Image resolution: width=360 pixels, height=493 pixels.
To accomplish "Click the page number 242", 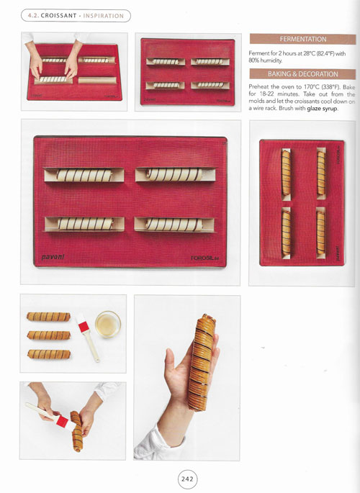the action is point(187,479).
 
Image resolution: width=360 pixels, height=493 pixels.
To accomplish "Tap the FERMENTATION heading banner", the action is point(303,40).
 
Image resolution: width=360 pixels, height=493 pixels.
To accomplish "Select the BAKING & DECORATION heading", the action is point(303,74).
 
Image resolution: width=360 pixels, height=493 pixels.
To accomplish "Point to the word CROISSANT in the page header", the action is point(59,16).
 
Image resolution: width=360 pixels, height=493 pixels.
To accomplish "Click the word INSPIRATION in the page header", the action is point(104,16).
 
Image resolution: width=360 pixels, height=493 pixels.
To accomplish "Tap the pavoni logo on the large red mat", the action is point(53,257).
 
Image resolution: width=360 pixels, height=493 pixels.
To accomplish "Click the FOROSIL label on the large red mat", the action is point(204,258).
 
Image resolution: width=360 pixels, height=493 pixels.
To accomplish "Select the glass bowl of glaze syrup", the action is point(108,324).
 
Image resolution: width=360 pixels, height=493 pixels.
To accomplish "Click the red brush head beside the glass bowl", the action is point(83,326).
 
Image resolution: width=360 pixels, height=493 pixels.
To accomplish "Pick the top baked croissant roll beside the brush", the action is point(48,317).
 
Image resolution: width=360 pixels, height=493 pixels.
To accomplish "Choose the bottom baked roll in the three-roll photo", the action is point(49,354).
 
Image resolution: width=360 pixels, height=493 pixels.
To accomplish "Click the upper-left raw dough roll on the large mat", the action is point(84,175).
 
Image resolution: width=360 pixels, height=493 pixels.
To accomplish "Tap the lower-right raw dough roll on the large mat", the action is point(174,225).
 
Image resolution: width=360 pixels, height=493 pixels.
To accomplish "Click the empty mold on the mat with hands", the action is point(97,80).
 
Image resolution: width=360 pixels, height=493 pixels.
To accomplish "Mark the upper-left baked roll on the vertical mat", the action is point(286,173).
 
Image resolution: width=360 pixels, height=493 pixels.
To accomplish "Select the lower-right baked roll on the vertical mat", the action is point(320,232).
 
